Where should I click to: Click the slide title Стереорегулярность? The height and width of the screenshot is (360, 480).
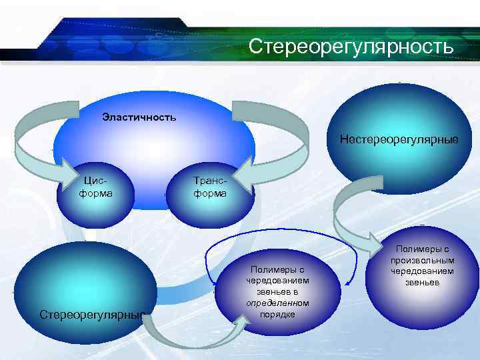tap(351, 47)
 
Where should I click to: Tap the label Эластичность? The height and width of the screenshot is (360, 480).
tap(139, 118)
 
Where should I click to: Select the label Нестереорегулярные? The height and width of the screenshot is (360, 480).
tap(399, 139)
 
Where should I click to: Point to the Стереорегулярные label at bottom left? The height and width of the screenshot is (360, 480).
tap(92, 314)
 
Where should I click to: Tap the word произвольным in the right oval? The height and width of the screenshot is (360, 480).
tap(423, 260)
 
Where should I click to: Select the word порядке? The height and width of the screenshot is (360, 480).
tap(277, 314)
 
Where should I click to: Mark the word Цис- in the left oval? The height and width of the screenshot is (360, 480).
tap(95, 181)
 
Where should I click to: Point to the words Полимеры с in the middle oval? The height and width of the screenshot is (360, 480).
tap(277, 269)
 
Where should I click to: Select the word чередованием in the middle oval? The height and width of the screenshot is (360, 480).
tap(277, 280)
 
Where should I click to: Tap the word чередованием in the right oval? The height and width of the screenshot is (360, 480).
tap(423, 271)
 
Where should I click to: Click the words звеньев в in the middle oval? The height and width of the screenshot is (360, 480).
tap(277, 291)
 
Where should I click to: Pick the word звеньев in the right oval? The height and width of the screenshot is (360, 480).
tap(423, 283)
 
